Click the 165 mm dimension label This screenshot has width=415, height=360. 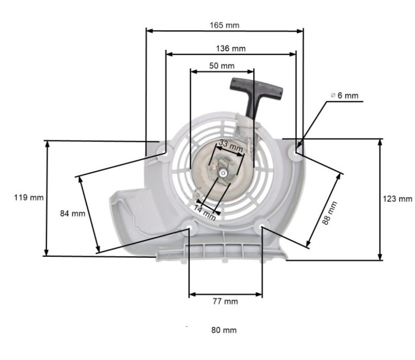(x=224, y=26)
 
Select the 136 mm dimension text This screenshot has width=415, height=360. (x=231, y=48)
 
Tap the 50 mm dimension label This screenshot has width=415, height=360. (x=222, y=66)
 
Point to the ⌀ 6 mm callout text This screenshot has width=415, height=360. (x=344, y=95)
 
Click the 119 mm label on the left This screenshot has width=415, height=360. (x=24, y=197)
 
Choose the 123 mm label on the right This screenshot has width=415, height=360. (x=398, y=199)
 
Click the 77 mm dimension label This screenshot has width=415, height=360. (x=225, y=301)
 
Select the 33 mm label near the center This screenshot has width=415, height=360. (x=231, y=144)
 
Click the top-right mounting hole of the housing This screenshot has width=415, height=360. (x=296, y=152)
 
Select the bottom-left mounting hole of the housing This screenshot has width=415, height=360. (x=189, y=225)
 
